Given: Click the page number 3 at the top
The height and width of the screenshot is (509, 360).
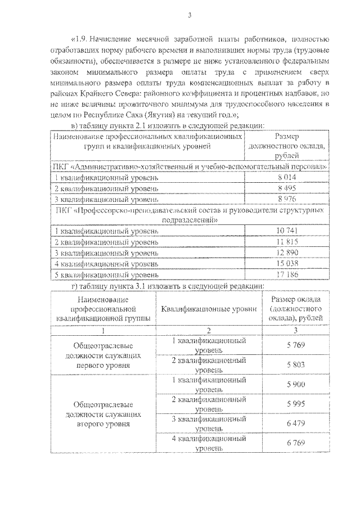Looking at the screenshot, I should pos(190,15).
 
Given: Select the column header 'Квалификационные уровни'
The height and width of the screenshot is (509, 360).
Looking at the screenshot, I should pos(209,309).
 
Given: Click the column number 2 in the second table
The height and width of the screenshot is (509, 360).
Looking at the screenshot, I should pos(209,330).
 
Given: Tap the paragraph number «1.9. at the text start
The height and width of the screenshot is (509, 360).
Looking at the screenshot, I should pos(81,40).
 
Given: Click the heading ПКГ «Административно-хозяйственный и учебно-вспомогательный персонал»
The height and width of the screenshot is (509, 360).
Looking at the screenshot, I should pos(189,167).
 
